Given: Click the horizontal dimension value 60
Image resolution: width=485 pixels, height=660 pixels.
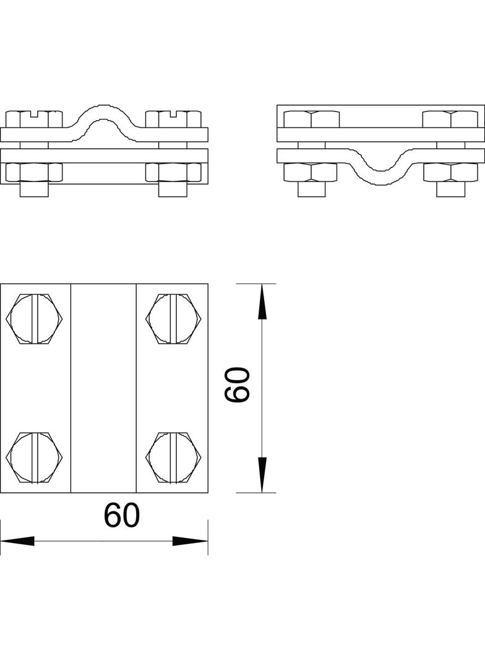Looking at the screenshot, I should click(122, 515).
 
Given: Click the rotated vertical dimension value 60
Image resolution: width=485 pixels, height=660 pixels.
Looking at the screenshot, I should click(238, 384).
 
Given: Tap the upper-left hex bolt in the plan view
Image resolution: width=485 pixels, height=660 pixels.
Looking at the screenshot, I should click(35, 319).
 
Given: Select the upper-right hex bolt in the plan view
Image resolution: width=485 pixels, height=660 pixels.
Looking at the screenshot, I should click(174, 319).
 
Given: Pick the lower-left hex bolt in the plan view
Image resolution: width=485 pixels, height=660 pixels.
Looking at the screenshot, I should click(35, 458).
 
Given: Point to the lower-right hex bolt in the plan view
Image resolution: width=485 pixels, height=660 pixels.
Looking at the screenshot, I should click(174, 458).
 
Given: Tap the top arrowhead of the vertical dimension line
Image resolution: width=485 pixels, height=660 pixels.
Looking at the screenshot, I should click(262, 302).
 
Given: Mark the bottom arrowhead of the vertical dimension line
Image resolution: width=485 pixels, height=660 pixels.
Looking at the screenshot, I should click(262, 475).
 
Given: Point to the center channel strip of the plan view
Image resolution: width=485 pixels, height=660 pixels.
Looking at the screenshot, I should click(103, 388).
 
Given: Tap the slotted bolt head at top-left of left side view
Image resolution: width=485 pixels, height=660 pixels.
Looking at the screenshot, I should click(35, 118).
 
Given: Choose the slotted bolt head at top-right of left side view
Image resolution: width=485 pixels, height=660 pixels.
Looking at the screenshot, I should click(174, 118).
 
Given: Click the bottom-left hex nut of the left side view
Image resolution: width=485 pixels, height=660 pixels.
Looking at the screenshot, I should click(35, 172).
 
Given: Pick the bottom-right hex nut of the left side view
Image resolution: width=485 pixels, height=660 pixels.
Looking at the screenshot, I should click(174, 172).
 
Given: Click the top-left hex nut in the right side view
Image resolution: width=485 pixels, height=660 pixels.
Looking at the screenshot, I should click(312, 118).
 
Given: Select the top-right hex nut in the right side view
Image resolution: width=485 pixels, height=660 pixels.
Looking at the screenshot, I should click(450, 118).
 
